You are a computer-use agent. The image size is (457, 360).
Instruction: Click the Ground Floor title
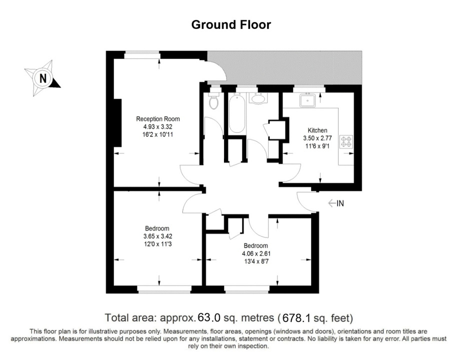[x=231, y=25]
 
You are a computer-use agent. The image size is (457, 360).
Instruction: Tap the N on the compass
[x=43, y=78]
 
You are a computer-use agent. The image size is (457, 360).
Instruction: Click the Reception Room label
[x=158, y=119]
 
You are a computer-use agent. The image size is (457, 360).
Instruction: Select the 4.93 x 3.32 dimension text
[x=158, y=127]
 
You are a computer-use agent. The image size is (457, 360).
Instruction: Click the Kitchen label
[x=317, y=130]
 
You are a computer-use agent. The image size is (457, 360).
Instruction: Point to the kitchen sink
[x=308, y=100]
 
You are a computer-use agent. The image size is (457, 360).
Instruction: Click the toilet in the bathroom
[x=214, y=101]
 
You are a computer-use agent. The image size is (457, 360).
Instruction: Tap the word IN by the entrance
[x=340, y=203]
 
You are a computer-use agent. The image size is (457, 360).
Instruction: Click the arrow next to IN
[x=332, y=203]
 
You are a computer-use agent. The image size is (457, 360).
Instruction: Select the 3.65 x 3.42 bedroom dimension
[x=157, y=236]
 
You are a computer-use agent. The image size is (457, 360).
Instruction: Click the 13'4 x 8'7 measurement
[x=255, y=261]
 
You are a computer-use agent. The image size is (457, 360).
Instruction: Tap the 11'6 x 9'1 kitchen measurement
[x=317, y=146]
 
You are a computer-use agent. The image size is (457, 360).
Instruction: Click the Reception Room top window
[x=142, y=55]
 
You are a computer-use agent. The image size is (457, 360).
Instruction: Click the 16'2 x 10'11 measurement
[x=158, y=134]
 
